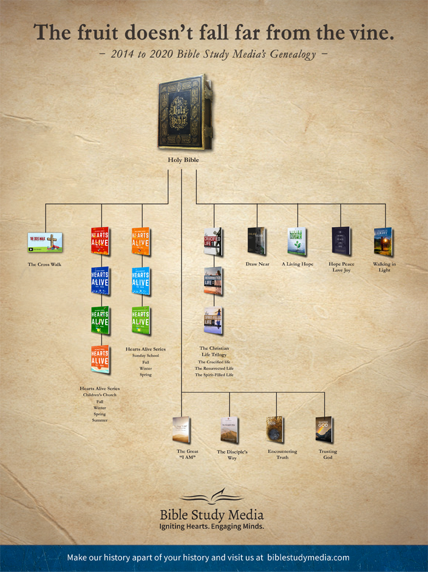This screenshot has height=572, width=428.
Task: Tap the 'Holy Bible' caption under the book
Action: click(183, 160)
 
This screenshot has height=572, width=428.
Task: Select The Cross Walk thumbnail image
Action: click(45, 242)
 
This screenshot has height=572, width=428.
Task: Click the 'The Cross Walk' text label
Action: click(45, 264)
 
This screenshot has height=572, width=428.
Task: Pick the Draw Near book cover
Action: click(257, 241)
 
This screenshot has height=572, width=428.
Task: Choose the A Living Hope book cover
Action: click(297, 241)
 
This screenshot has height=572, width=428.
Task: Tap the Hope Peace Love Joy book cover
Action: click(341, 241)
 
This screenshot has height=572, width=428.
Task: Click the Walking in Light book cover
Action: click(384, 241)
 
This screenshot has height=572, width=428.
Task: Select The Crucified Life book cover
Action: click(212, 242)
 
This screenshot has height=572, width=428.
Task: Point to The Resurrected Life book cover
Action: click(213, 281)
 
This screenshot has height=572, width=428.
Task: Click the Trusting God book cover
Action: click(325, 430)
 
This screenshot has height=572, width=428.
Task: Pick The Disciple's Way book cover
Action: click(229, 430)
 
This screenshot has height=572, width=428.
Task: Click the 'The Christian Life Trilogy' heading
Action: click(214, 352)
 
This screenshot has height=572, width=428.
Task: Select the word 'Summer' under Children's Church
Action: click(100, 420)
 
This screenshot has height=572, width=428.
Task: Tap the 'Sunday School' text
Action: click(145, 355)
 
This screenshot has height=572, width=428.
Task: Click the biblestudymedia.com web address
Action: click(308, 557)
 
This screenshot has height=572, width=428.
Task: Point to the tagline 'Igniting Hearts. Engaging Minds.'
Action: click(211, 526)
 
